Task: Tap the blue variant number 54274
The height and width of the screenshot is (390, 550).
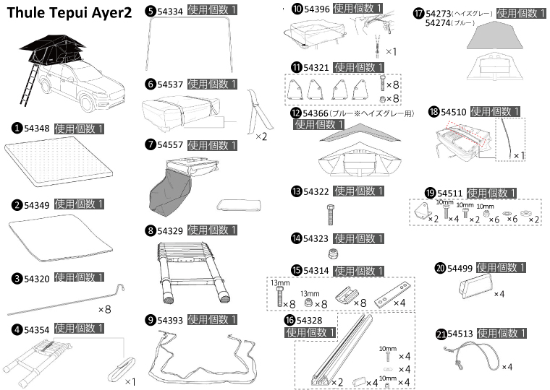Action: click(x=439, y=23)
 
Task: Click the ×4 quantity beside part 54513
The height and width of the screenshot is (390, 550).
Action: click(x=507, y=367)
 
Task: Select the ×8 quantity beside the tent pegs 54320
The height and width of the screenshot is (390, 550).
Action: click(x=104, y=308)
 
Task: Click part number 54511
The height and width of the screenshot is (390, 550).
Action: click(x=450, y=193)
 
